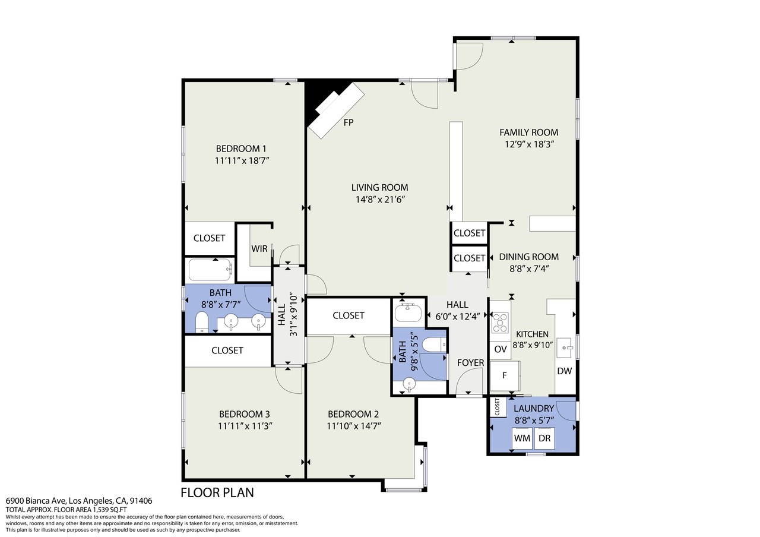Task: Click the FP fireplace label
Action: (349, 122)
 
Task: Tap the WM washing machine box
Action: (522, 438)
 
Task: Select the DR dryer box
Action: (544, 438)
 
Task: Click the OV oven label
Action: (501, 349)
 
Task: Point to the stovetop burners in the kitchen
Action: (500, 322)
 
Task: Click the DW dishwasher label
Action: (565, 371)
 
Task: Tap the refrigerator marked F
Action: (505, 375)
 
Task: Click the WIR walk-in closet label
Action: (259, 249)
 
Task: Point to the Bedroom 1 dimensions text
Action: (242, 160)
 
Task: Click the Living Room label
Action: (379, 187)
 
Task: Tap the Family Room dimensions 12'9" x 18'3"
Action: (529, 144)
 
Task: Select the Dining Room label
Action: (529, 257)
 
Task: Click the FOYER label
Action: (471, 363)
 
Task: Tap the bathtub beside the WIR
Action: (210, 270)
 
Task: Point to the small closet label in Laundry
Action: (498, 407)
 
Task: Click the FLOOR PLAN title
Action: (217, 492)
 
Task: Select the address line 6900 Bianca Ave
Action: (79, 501)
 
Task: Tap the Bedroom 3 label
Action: (244, 414)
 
